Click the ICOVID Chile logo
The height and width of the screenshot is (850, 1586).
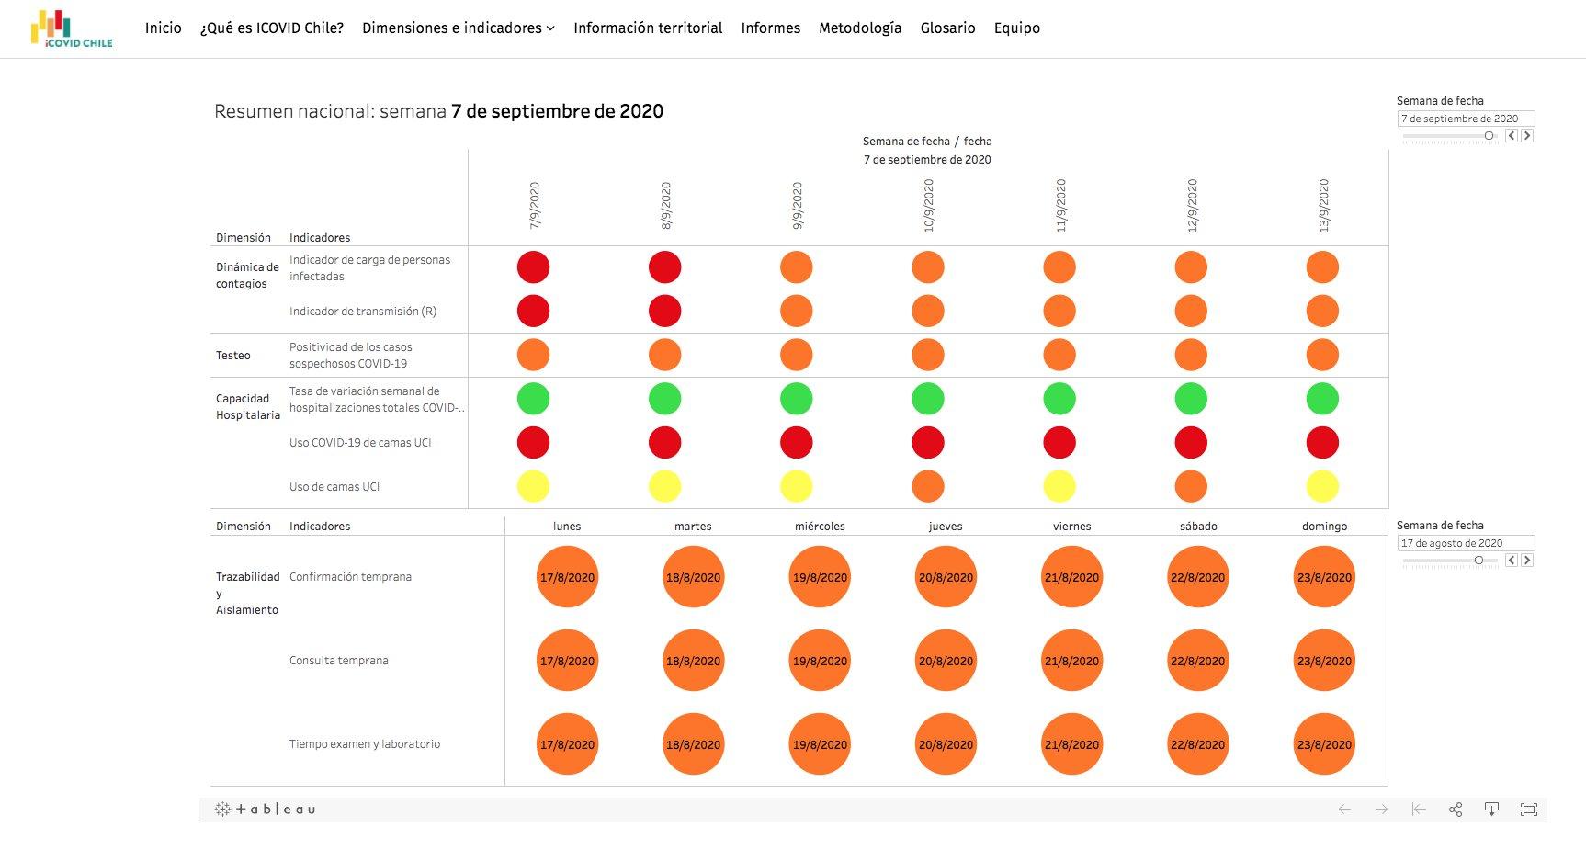click(72, 28)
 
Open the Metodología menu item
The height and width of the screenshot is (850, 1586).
click(860, 28)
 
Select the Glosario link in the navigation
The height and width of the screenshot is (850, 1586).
click(947, 28)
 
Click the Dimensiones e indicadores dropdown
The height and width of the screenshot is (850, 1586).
click(458, 28)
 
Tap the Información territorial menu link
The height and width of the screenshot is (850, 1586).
click(648, 28)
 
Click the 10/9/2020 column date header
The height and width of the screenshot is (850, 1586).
click(928, 206)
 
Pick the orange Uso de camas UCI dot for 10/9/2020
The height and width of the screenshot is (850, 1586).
click(928, 486)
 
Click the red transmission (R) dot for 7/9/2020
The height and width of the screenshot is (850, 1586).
click(533, 311)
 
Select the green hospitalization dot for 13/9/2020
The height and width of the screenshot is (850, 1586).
click(1322, 399)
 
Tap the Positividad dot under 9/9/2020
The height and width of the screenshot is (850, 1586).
click(796, 355)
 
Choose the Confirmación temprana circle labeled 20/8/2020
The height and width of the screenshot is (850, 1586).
click(946, 577)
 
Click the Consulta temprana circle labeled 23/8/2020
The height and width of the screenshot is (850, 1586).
click(1324, 661)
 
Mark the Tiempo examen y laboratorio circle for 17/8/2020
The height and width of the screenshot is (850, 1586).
click(567, 744)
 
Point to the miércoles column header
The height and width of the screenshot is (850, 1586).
click(820, 527)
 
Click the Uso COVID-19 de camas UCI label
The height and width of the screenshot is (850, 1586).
click(360, 443)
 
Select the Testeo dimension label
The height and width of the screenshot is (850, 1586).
click(233, 356)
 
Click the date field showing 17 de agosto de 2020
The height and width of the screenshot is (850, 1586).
click(1465, 543)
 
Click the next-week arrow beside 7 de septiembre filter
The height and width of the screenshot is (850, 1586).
click(1527, 136)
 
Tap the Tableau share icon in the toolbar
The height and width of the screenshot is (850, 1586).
click(1456, 810)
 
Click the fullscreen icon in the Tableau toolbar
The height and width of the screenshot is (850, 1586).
click(1528, 810)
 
